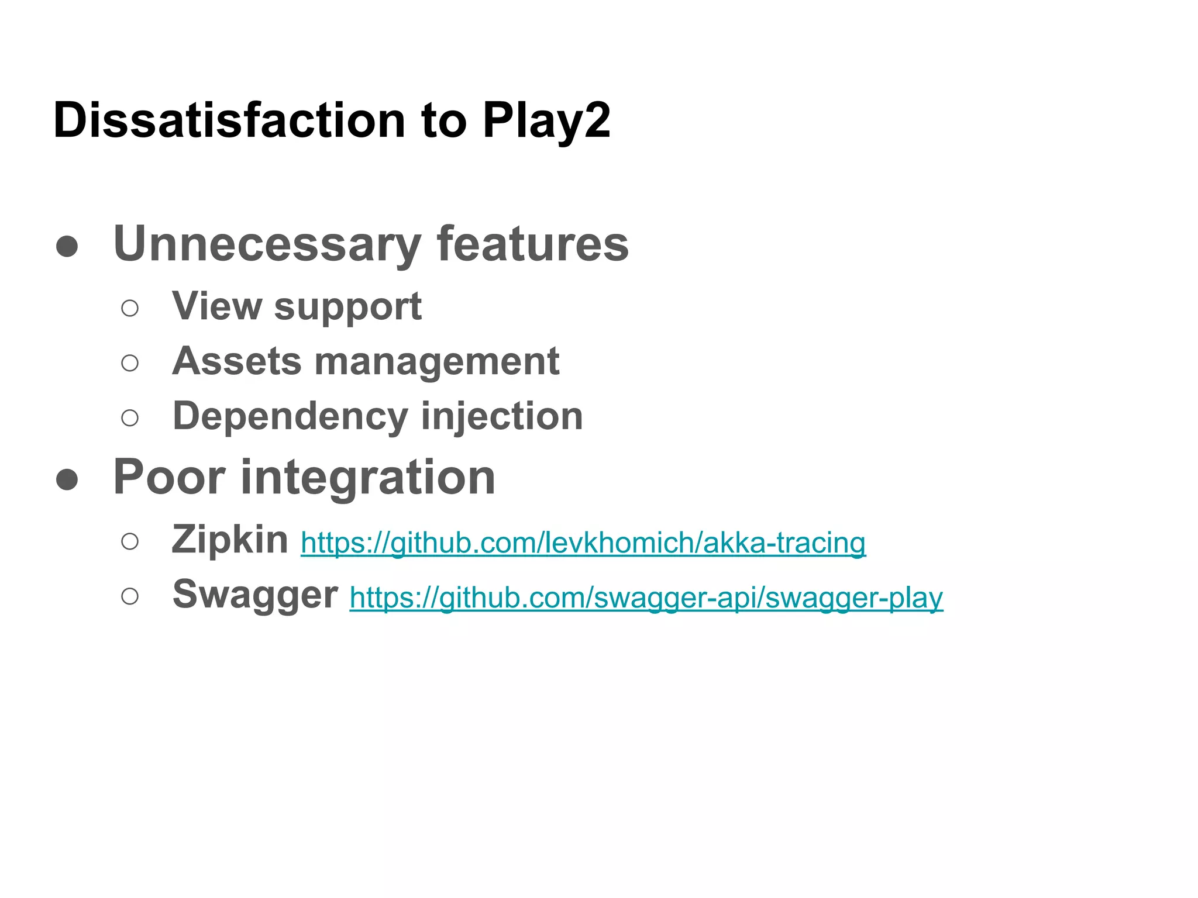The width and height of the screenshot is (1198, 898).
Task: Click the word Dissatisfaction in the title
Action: pyautogui.click(x=229, y=120)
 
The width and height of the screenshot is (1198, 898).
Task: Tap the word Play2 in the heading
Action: pyautogui.click(x=546, y=121)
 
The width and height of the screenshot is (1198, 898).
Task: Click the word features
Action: pyautogui.click(x=532, y=243)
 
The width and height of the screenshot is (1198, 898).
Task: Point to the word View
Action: pyautogui.click(x=217, y=306)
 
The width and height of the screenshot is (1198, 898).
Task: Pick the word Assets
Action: pyautogui.click(x=237, y=361)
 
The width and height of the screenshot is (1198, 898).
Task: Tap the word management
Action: pyautogui.click(x=437, y=362)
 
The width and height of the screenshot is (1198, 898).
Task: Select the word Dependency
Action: pyautogui.click(x=290, y=416)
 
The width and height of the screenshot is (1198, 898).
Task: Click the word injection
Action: pyautogui.click(x=502, y=416)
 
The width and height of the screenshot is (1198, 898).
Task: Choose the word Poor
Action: pyautogui.click(x=170, y=477)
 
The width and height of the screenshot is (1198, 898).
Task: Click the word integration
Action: pyautogui.click(x=369, y=478)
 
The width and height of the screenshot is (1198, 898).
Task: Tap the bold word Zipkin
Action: pyautogui.click(x=230, y=539)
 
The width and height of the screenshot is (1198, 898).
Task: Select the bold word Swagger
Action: pyautogui.click(x=255, y=595)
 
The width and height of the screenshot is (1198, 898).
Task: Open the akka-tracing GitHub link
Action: pyautogui.click(x=583, y=543)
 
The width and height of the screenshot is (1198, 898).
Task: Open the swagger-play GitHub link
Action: pyautogui.click(x=646, y=597)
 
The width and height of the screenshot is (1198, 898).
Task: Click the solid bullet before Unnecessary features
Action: pyautogui.click(x=67, y=246)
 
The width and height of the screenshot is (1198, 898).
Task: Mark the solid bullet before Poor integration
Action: pyautogui.click(x=67, y=479)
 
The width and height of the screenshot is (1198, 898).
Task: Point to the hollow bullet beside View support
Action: pyautogui.click(x=130, y=308)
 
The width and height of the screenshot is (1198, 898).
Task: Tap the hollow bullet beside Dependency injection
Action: pyautogui.click(x=130, y=418)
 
